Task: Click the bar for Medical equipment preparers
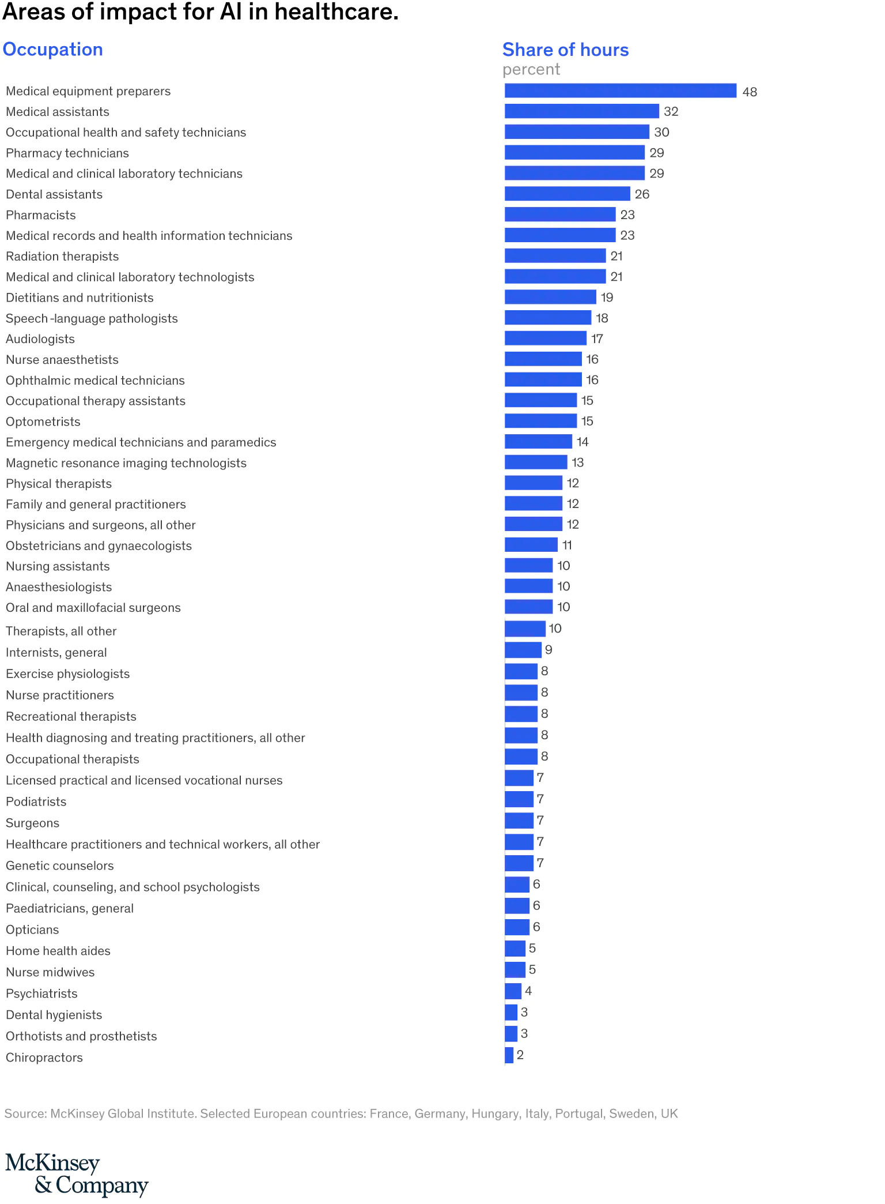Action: tap(620, 91)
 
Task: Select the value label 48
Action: tap(750, 92)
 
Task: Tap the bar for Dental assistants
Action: tap(567, 194)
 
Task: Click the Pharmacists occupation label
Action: tap(41, 215)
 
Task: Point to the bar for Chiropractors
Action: tap(509, 1055)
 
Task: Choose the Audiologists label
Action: tap(40, 339)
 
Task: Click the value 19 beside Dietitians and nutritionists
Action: tap(607, 298)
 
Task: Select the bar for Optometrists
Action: tap(540, 421)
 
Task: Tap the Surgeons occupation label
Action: tap(32, 823)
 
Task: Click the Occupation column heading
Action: tap(53, 50)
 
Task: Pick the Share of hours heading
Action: tap(565, 50)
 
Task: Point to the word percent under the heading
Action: tap(531, 70)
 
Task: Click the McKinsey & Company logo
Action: tap(77, 1174)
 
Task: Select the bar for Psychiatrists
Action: tap(513, 991)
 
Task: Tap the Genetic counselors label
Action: tap(60, 866)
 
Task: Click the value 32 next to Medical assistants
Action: tap(671, 111)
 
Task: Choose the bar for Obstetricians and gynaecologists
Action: tap(531, 545)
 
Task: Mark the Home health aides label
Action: tap(58, 951)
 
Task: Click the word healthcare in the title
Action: tap(336, 12)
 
